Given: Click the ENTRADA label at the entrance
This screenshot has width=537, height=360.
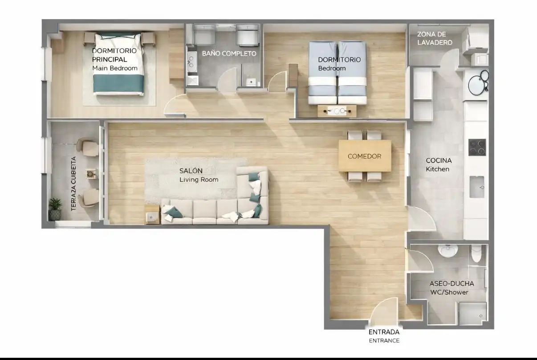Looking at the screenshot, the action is [x=384, y=332].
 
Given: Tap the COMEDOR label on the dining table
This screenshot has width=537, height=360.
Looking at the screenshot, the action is [x=364, y=156].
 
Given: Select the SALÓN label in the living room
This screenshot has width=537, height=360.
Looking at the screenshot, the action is [x=191, y=171].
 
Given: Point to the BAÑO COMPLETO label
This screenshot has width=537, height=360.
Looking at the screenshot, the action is [x=229, y=53].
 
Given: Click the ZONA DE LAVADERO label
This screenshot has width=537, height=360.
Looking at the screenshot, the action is [x=435, y=38].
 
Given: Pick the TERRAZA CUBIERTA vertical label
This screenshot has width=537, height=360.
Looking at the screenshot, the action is [x=73, y=184].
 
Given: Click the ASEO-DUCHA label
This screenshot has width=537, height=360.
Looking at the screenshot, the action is [x=452, y=283].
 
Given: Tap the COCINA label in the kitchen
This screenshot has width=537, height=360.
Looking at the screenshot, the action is [x=439, y=160].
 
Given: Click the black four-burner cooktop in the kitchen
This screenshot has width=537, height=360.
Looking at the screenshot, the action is [x=477, y=147].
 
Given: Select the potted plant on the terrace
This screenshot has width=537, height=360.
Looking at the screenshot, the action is [x=55, y=209].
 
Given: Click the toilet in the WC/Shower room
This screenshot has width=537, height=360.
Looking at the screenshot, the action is [x=476, y=254].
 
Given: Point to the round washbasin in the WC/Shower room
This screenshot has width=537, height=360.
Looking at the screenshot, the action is [x=447, y=251].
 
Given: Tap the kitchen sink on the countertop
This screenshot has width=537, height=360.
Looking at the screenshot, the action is [x=476, y=187].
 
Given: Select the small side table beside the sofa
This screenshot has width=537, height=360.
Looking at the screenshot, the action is [x=152, y=214].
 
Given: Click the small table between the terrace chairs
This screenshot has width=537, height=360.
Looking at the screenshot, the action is [x=91, y=174].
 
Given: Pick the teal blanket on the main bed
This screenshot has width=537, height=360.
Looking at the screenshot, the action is [x=119, y=83].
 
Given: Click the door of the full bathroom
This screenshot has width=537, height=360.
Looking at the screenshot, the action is [x=227, y=80].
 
